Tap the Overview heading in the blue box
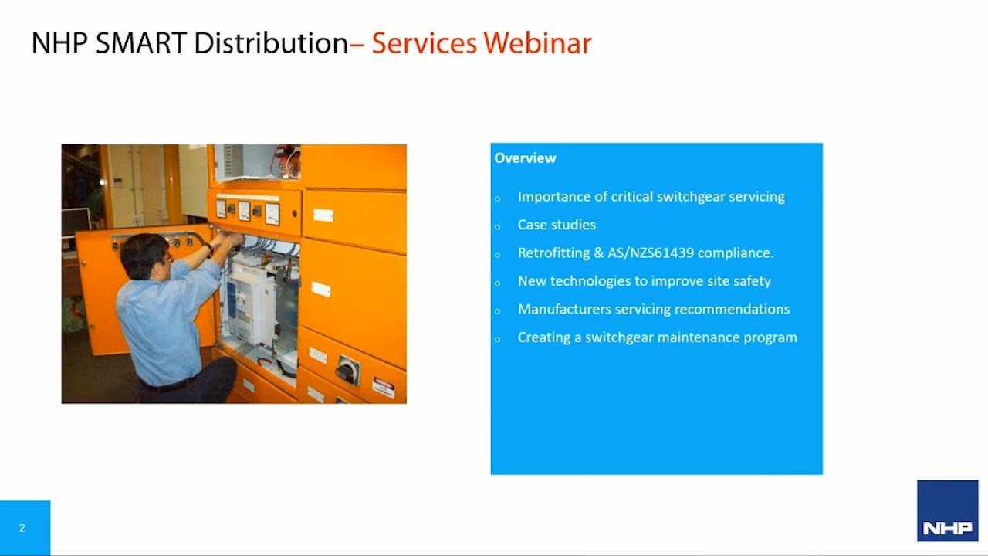coord(525,158)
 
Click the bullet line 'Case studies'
coord(557,225)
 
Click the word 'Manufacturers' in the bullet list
coord(564,309)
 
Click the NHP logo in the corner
coord(947,511)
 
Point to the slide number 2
coord(22,528)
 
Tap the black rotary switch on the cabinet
coord(347,371)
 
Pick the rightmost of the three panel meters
coord(272,212)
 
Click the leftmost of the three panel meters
coord(221,208)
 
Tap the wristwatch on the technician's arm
coord(208,249)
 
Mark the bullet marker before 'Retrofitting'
coord(498,254)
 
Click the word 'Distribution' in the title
coord(271,43)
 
